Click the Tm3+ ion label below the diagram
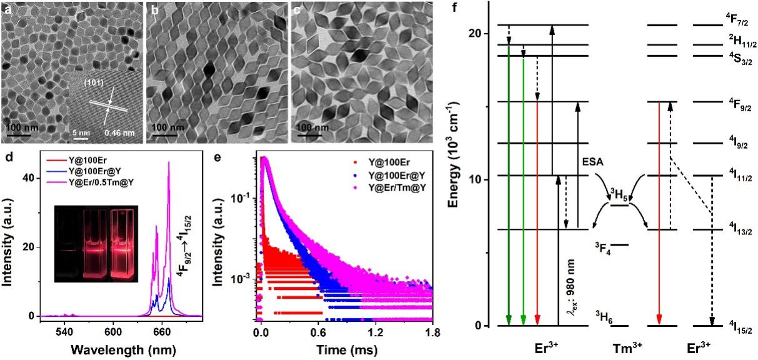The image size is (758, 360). pos(619,346)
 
